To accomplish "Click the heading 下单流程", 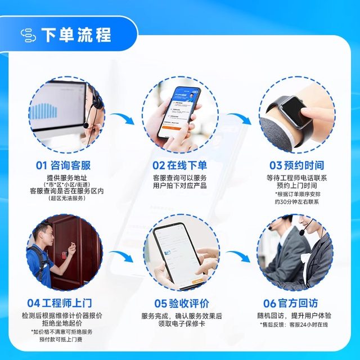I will click(76, 34).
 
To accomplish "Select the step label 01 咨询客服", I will click(63, 165).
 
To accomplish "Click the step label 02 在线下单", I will click(179, 165).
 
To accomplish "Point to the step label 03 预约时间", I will click(296, 165).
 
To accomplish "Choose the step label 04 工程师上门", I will click(63, 303).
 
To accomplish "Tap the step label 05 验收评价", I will click(179, 303).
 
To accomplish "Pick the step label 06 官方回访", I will click(296, 303).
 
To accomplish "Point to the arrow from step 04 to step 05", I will click(122, 256).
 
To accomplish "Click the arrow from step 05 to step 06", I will click(240, 256).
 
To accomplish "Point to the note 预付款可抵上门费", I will click(62, 340).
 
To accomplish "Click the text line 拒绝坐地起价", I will click(62, 324).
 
